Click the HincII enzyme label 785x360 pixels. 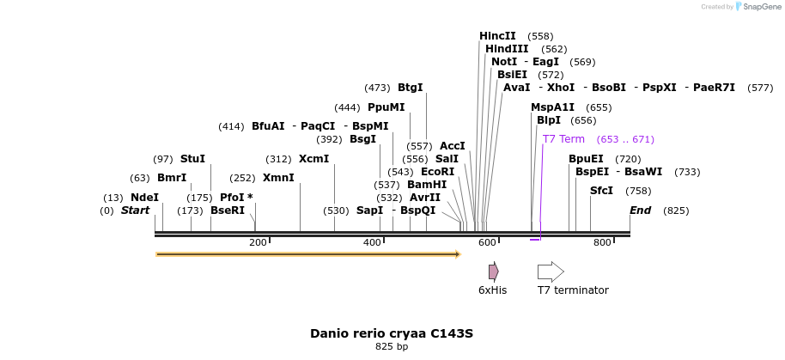point(497,36)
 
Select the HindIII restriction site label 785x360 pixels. point(507,49)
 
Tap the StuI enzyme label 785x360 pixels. point(192,159)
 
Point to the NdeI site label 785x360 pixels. point(144,198)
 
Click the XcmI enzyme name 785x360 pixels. point(313,159)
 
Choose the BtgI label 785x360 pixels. point(411,88)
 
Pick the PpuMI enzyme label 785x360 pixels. point(386,107)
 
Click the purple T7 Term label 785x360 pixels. point(563,139)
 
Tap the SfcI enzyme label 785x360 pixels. point(601,191)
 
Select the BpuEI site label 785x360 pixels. point(586,159)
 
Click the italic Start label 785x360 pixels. point(135,211)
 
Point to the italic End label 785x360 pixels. point(641,211)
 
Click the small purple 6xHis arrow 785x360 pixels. point(493,272)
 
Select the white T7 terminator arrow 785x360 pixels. point(551,272)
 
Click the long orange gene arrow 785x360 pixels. point(307,254)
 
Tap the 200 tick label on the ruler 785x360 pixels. point(258,243)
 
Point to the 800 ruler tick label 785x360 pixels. point(602,243)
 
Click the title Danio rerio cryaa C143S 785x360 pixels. point(392,333)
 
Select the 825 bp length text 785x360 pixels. point(392,347)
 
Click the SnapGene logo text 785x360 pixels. point(763,7)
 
